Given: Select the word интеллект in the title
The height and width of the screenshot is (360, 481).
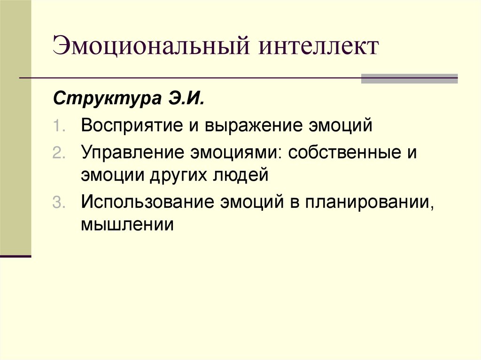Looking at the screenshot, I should (316, 48).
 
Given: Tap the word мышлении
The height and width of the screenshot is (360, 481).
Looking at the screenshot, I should (127, 224).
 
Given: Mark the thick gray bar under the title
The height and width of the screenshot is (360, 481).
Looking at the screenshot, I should (409, 78).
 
